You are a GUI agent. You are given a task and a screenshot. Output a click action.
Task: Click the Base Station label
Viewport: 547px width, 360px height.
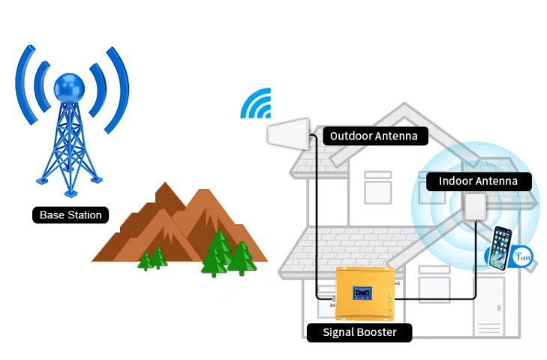click(x=71, y=215)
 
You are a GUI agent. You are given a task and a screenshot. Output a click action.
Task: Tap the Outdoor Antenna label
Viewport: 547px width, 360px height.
click(x=375, y=136)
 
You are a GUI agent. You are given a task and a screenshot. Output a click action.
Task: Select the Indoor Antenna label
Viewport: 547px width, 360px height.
click(x=479, y=181)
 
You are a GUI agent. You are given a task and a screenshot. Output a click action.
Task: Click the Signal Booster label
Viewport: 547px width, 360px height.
click(x=359, y=332)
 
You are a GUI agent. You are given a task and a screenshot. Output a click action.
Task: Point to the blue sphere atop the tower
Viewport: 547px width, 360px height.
click(x=69, y=88)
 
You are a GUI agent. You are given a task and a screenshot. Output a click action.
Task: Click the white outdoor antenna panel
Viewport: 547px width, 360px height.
click(x=288, y=134)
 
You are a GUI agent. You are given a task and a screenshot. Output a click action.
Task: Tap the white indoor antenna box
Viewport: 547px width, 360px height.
click(x=475, y=206)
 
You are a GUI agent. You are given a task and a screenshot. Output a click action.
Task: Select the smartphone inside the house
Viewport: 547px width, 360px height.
click(x=500, y=247)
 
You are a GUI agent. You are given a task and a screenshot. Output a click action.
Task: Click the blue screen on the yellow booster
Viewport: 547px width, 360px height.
click(x=362, y=292)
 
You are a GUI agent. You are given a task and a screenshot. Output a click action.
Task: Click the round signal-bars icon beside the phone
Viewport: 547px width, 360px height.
click(x=522, y=256)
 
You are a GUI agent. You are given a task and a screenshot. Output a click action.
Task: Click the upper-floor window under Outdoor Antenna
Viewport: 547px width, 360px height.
click(x=378, y=187)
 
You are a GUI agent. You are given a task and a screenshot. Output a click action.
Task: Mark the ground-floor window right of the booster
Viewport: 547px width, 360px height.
click(x=434, y=283)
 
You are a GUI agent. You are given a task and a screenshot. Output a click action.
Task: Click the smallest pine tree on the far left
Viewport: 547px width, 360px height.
click(x=145, y=261)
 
